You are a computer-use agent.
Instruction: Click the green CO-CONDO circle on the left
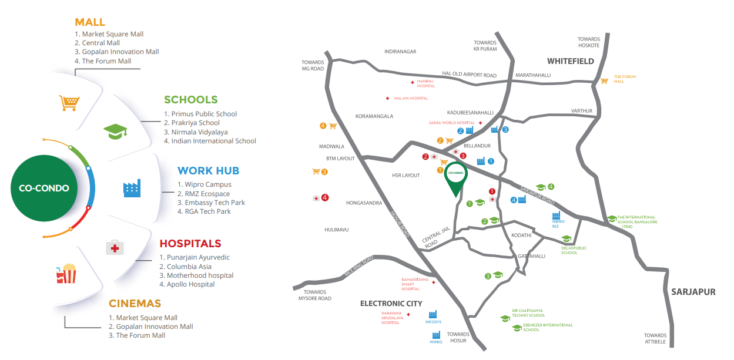pos(43,189)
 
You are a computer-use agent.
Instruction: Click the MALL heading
pos(90,22)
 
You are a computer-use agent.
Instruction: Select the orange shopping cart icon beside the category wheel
pos(68,103)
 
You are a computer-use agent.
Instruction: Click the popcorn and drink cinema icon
pos(66,274)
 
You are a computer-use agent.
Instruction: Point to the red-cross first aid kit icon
pos(115,248)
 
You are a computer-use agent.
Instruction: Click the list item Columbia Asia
pos(190,266)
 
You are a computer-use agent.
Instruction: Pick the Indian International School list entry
pos(213,141)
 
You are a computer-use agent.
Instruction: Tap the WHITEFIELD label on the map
pos(570,61)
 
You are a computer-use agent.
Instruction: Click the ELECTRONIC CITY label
pos(391,304)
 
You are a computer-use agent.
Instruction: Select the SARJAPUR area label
pos(693,292)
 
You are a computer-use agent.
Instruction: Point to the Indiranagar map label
pos(400,52)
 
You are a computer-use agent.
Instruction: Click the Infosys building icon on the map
pos(433,314)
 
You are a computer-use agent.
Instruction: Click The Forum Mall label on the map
pos(625,79)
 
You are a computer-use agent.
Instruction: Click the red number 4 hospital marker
pos(324,198)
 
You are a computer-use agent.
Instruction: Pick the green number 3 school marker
pos(488,276)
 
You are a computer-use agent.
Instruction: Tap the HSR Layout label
pos(406,175)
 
